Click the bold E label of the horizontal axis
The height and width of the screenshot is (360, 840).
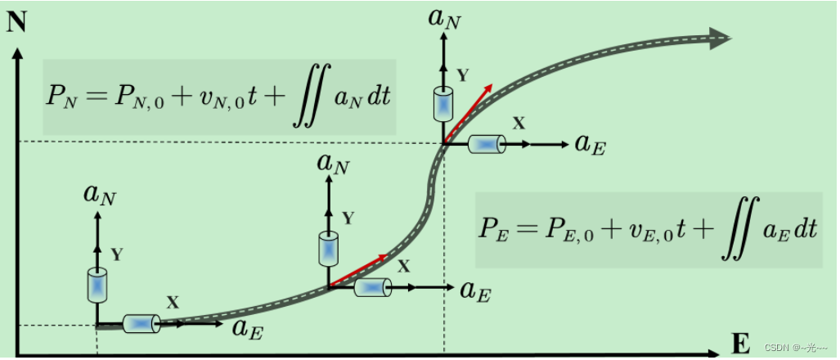(x=740, y=344)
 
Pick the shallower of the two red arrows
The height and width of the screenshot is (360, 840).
(x=360, y=270)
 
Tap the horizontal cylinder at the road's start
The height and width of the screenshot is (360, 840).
(x=141, y=324)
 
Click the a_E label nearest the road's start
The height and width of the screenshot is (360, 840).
(x=248, y=328)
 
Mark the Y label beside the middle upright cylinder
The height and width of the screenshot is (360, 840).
(x=348, y=218)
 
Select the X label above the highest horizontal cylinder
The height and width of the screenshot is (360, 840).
(x=519, y=123)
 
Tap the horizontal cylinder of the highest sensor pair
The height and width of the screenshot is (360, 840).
(x=486, y=144)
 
